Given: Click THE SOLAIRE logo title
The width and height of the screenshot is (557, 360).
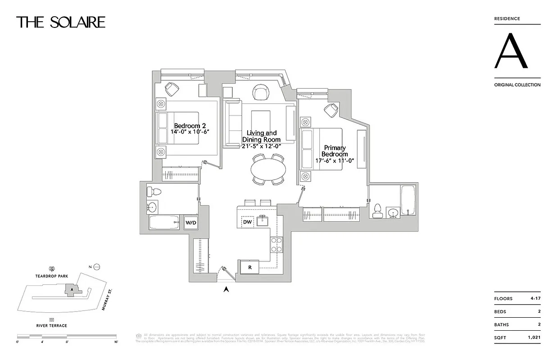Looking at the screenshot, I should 61,22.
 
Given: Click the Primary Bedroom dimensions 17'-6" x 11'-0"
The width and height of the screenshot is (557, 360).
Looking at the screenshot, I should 335,161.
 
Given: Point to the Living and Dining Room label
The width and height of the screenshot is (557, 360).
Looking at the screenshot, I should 262,136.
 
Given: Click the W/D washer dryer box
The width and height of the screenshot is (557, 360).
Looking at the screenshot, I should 191,222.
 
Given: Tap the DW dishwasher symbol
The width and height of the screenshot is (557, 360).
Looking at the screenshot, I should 247,222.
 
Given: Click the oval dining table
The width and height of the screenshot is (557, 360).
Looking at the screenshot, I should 268,169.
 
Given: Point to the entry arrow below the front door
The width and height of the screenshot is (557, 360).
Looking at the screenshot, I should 226,289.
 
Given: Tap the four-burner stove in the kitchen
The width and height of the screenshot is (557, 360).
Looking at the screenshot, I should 276,245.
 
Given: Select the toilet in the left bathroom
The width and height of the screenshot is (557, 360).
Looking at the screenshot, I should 154,192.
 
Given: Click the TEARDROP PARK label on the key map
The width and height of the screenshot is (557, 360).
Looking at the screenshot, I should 53,276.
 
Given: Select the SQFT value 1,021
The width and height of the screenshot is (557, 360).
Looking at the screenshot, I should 534,337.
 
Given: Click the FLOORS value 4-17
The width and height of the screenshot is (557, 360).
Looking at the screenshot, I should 534,298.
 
